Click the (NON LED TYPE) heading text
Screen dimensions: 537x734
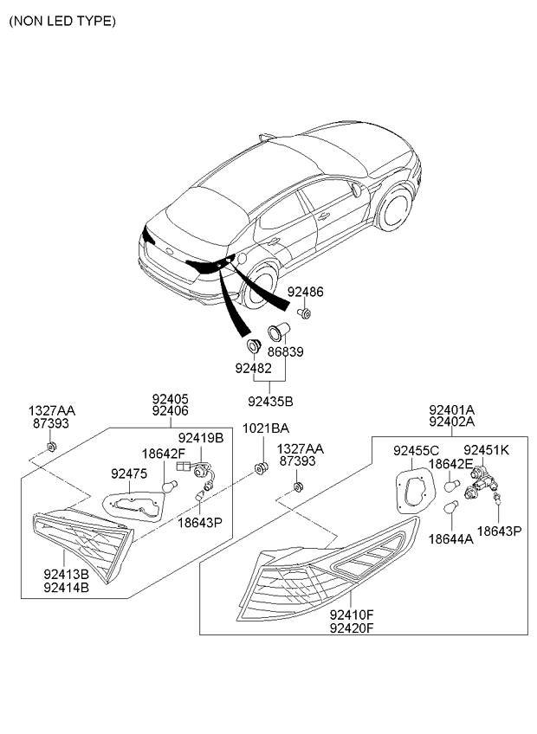pos(62,21)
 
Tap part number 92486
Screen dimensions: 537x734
pos(305,292)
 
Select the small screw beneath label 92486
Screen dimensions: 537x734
pos(305,313)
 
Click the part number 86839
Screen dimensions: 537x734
pos(285,351)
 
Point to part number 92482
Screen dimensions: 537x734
pos(253,369)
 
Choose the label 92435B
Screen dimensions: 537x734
pos(270,401)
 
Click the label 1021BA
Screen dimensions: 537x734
pos(266,428)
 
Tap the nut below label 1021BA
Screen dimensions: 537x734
pos(261,467)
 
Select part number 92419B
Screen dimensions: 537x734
pos(201,438)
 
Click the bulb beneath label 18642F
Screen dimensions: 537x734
pos(170,486)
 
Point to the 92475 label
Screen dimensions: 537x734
pos(129,473)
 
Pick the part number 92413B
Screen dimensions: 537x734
pos(66,574)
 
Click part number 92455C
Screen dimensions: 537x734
pos(416,451)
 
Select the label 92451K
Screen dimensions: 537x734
pos(487,450)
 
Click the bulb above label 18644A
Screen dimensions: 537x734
pos(450,506)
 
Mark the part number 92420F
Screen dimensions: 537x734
pos(352,628)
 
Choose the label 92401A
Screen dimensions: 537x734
pos(452,410)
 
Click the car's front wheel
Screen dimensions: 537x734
pos(395,209)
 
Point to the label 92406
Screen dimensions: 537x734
pos(170,411)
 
